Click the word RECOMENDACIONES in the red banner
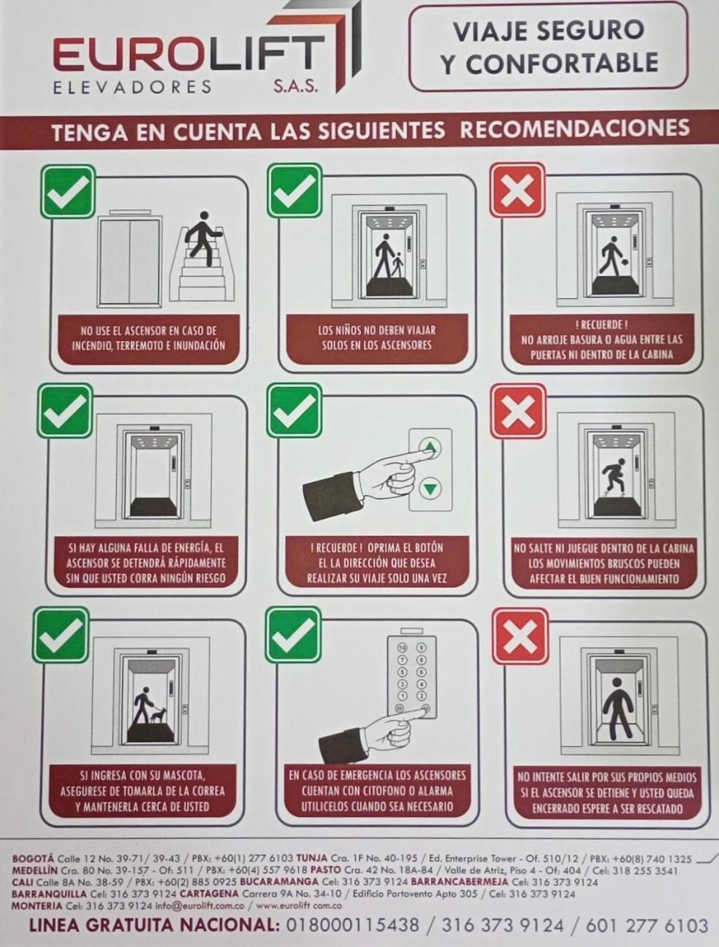574,128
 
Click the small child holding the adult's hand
397,264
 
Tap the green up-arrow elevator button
430,449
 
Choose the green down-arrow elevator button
430,488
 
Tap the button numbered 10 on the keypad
402,648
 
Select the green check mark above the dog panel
61,635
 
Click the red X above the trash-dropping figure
518,191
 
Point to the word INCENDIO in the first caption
91,346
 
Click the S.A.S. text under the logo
296,86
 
